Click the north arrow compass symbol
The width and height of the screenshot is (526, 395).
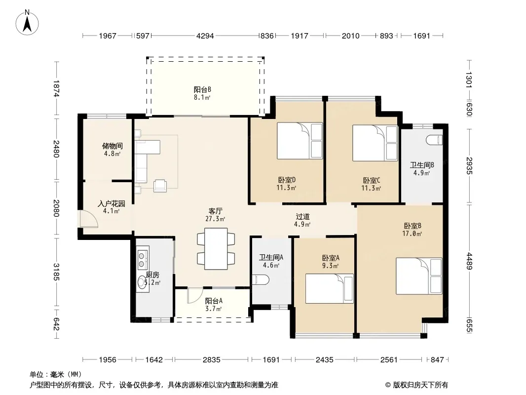click(x=27, y=22)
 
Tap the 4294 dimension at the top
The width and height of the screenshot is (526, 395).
click(x=205, y=36)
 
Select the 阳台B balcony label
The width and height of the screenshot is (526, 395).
click(x=202, y=89)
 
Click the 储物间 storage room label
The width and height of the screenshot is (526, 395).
click(x=113, y=146)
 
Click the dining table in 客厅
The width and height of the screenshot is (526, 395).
click(x=216, y=249)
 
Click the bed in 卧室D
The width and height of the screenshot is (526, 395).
click(x=300, y=141)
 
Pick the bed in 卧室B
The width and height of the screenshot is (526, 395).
click(x=419, y=276)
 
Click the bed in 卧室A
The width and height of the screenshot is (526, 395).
click(x=330, y=288)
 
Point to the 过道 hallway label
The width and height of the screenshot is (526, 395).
click(x=302, y=217)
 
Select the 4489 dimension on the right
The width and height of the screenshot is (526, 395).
click(x=469, y=261)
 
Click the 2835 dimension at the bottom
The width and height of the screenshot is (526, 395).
click(x=212, y=360)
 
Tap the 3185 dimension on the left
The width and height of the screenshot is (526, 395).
click(x=56, y=272)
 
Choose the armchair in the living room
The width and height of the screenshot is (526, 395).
click(x=160, y=186)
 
